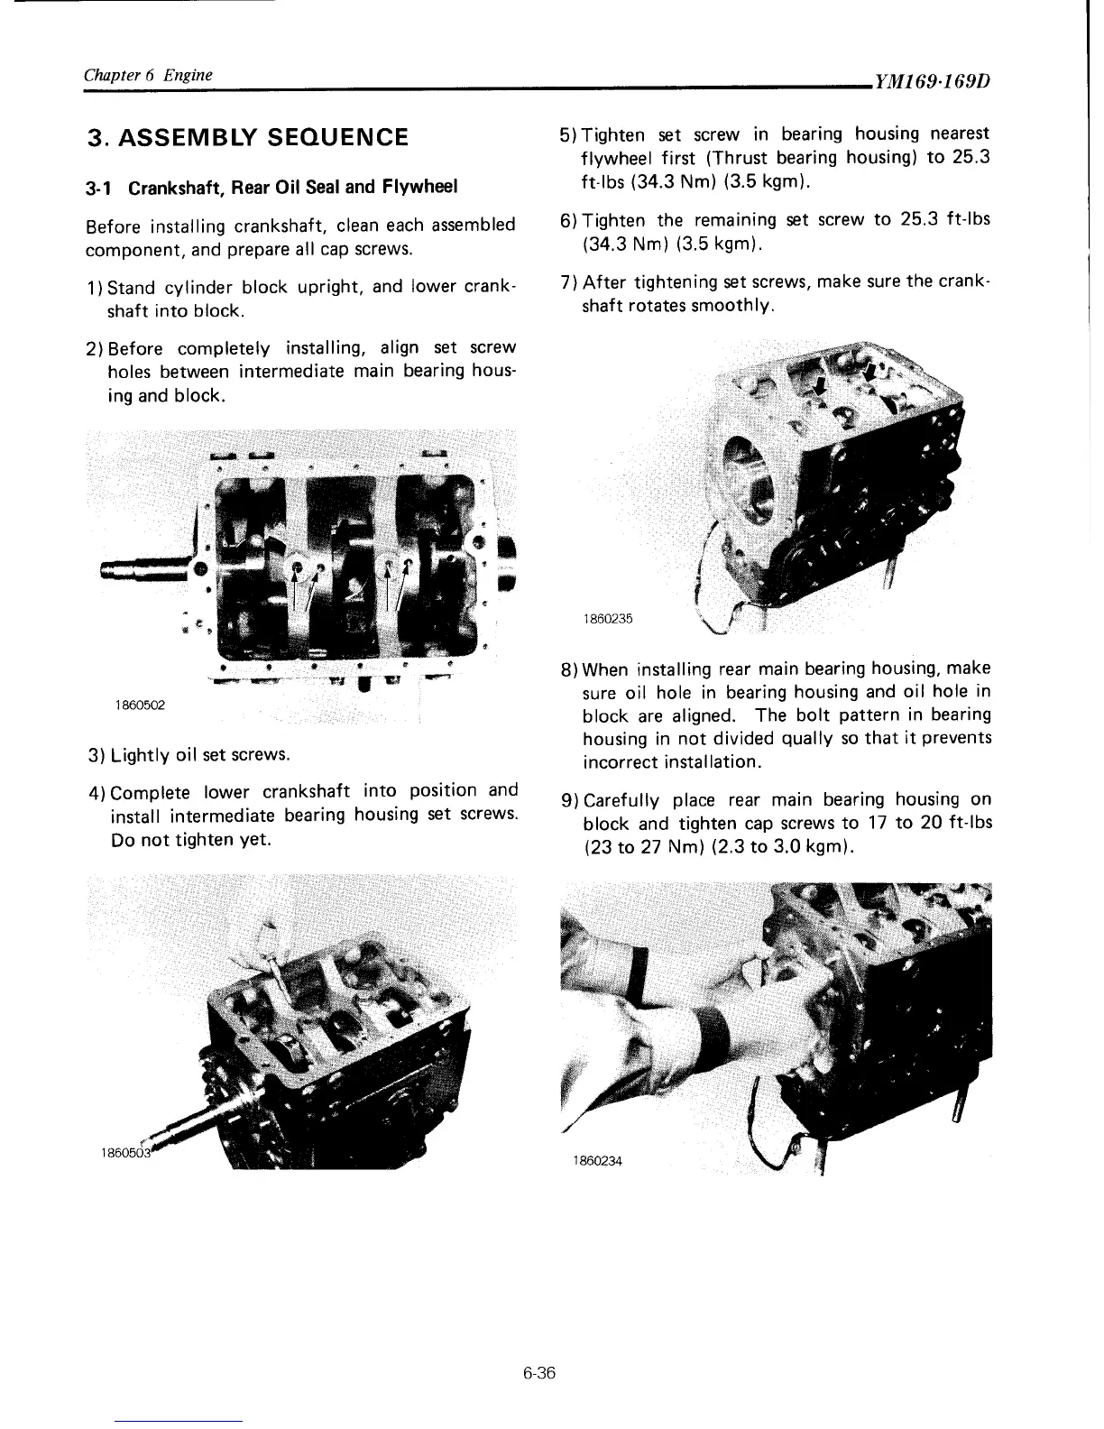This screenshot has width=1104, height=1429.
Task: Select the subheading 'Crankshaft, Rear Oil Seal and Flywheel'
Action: [x=293, y=188]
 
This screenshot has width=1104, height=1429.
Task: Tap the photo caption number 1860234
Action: [x=596, y=1160]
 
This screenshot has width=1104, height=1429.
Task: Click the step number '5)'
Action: [x=568, y=135]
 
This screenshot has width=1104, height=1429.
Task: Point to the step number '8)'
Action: [x=569, y=670]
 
